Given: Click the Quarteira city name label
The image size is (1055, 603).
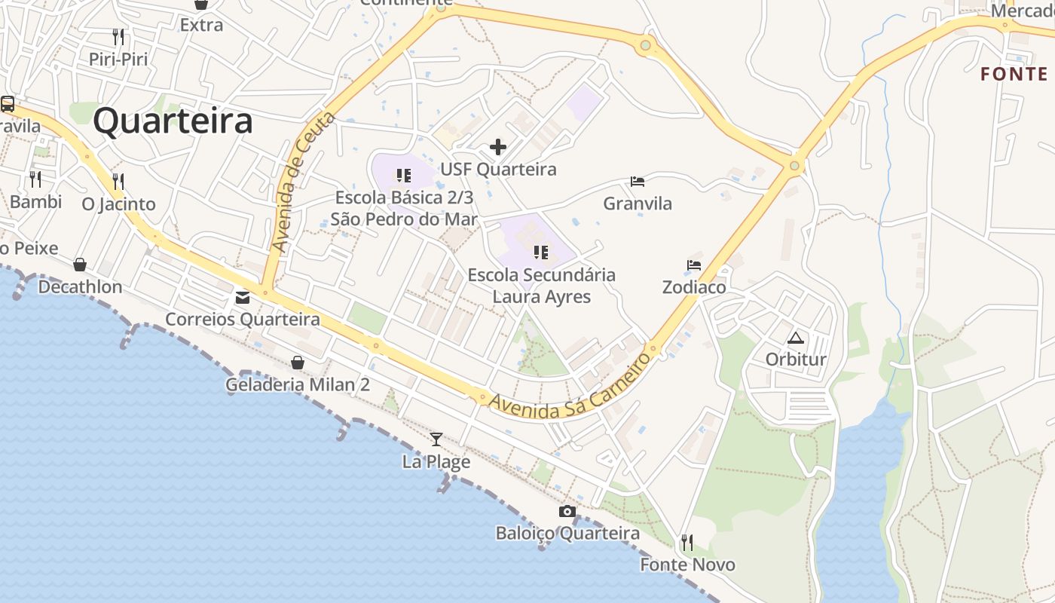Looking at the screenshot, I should pyautogui.click(x=173, y=121).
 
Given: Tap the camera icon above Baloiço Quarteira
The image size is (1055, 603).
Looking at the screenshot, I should pyautogui.click(x=567, y=512).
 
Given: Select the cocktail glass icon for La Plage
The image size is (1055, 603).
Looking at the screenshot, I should pyautogui.click(x=436, y=439).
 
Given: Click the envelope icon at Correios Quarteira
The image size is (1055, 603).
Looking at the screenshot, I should pyautogui.click(x=243, y=298).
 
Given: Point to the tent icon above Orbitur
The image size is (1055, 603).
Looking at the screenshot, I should pyautogui.click(x=796, y=338).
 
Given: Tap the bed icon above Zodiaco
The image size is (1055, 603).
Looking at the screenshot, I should pyautogui.click(x=694, y=265).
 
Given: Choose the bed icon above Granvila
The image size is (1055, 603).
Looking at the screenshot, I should pyautogui.click(x=638, y=182).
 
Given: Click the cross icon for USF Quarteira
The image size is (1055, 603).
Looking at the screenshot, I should pyautogui.click(x=498, y=147).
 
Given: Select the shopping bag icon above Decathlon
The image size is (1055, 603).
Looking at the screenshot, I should pyautogui.click(x=80, y=265).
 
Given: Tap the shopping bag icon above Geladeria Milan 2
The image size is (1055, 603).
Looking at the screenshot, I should pyautogui.click(x=298, y=363).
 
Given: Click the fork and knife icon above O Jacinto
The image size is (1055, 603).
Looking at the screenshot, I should pyautogui.click(x=118, y=182).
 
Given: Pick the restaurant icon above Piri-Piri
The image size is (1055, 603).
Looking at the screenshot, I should pyautogui.click(x=118, y=37).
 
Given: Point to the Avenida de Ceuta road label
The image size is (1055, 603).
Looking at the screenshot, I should pyautogui.click(x=304, y=182).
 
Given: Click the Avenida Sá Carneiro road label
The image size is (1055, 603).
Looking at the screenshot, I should pyautogui.click(x=570, y=385).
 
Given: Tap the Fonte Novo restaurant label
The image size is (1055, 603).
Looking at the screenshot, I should pyautogui.click(x=687, y=565).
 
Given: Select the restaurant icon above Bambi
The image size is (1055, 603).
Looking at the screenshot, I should pyautogui.click(x=35, y=179).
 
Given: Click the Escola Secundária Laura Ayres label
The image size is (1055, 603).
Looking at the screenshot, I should pyautogui.click(x=541, y=286).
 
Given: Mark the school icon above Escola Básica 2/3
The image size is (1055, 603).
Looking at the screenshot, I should pyautogui.click(x=404, y=176).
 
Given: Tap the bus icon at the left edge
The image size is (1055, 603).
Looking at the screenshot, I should pyautogui.click(x=8, y=104).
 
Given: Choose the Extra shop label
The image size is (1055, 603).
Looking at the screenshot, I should pyautogui.click(x=201, y=25).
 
